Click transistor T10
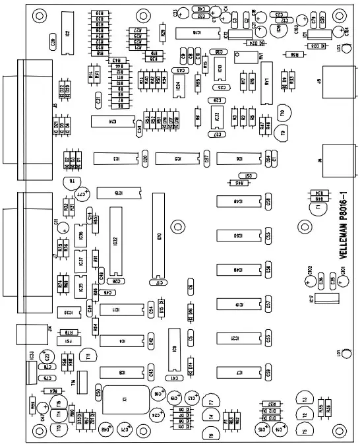click(285, 112)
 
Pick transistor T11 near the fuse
click(86, 357)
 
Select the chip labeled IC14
click(112, 121)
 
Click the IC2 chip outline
click(68, 34)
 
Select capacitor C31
click(98, 100)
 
